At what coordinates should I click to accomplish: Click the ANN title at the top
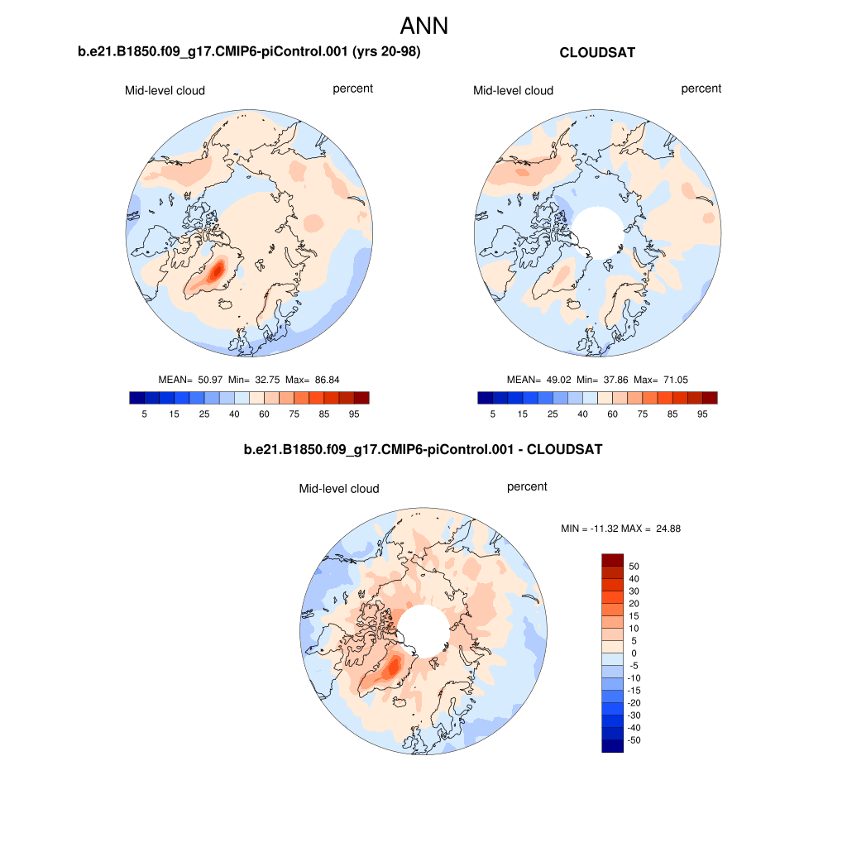423,26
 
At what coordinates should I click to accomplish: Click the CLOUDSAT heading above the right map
597,53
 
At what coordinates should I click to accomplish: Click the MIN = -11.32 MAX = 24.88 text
620,528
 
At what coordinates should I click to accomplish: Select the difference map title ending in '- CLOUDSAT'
423,451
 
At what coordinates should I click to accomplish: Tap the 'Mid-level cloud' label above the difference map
339,489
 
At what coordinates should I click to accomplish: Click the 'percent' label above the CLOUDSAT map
701,89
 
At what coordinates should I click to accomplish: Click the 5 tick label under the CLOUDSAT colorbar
493,413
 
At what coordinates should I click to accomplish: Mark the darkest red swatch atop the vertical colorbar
612,560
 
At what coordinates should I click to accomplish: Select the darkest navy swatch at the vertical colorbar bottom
612,746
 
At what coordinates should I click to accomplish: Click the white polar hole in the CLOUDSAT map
598,231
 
